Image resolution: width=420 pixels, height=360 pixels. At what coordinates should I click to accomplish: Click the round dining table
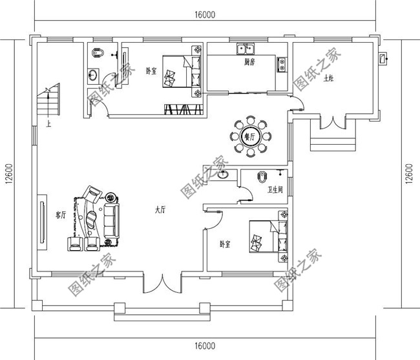(249, 136)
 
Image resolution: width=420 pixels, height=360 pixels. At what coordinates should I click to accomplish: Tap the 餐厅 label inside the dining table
(249, 136)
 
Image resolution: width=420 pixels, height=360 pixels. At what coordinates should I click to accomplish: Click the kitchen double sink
(245, 48)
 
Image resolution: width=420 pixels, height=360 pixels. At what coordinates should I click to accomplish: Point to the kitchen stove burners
(281, 63)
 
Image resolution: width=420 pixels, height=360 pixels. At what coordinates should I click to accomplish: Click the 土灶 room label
(330, 79)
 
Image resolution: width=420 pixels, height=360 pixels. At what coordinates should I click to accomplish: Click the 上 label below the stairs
(48, 122)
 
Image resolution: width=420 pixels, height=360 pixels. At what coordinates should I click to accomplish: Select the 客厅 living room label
(61, 217)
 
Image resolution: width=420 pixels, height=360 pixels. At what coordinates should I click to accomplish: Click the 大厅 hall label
(161, 210)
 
